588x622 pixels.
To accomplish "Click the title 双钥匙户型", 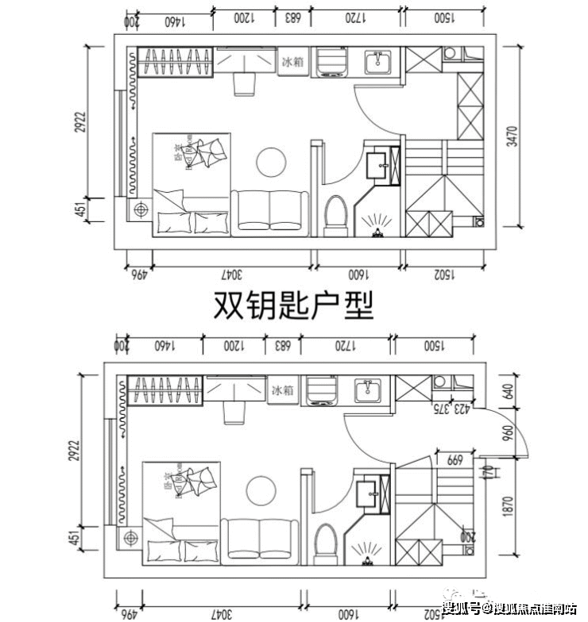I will click(293, 305).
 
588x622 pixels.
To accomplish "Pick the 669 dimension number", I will click(455, 458).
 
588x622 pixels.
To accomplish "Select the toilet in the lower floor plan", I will click(327, 542).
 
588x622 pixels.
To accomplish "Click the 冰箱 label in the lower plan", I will click(281, 390).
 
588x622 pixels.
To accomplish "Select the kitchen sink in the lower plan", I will click(366, 390).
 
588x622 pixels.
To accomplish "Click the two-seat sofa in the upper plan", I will click(270, 211).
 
